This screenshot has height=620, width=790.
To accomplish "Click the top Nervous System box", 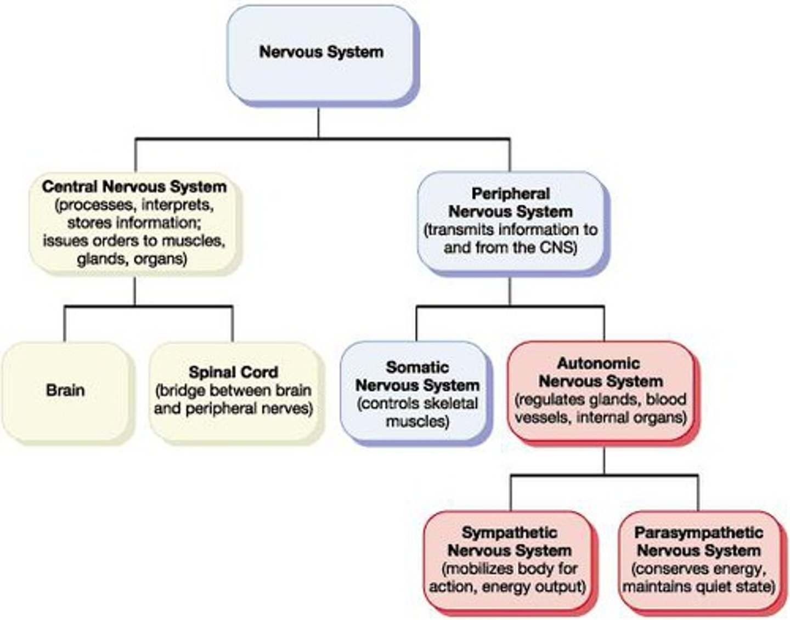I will point(321,53).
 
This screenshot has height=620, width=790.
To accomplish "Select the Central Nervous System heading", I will point(134,186).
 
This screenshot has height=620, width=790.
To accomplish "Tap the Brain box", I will point(66,390).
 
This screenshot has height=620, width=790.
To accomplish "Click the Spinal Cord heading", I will point(233,372).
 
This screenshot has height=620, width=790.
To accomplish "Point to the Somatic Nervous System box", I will point(417,392).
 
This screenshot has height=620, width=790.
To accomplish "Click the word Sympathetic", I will point(510,532).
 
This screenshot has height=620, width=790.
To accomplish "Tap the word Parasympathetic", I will point(698,532).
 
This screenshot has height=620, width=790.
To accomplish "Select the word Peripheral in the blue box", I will point(510,194).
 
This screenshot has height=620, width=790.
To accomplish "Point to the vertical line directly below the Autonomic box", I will point(603,460).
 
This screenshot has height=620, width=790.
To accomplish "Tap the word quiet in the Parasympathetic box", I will point(712,587).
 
